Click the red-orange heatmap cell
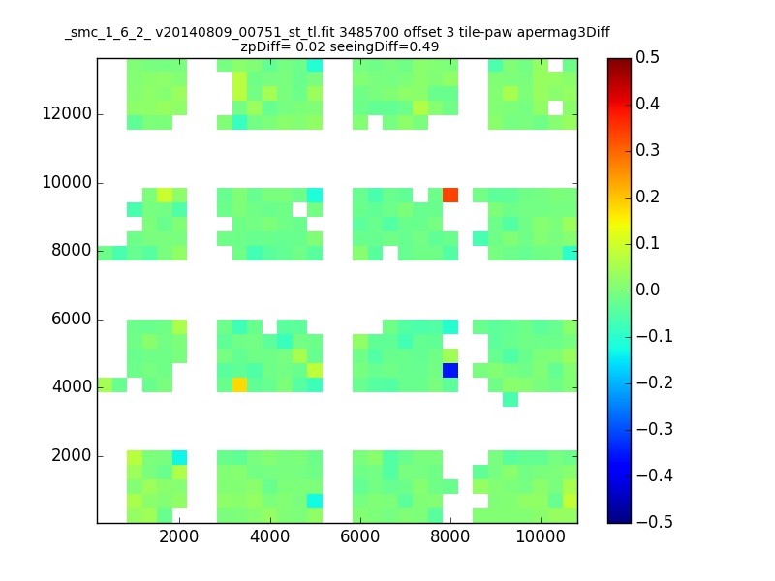tap(450, 196)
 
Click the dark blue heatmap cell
tap(450, 370)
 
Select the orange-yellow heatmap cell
tap(239, 384)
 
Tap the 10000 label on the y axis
tap(67, 183)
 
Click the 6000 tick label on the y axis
tap(72, 320)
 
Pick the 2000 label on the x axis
tap(179, 536)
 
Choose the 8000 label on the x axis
tap(449, 536)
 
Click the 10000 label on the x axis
tap(541, 536)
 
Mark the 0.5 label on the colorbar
tap(647, 58)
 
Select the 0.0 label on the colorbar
tap(647, 290)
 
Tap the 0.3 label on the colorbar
tap(647, 151)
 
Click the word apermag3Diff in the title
tap(564, 33)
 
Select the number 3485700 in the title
tap(369, 33)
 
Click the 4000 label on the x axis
tap(269, 536)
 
